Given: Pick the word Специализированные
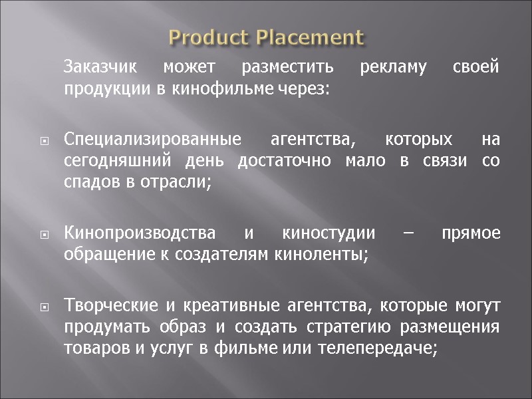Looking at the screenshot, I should (152, 141).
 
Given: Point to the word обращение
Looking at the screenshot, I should (104, 254).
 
